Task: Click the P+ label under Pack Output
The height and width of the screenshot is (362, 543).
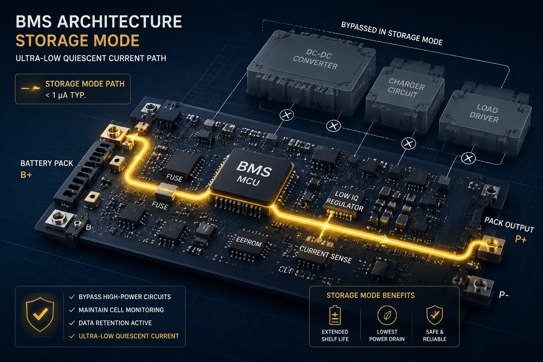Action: pos(521,239)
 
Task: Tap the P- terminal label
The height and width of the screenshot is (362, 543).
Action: pos(503,295)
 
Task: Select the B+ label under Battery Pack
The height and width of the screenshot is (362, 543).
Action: pos(26,175)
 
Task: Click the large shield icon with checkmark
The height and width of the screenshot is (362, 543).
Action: pos(40,314)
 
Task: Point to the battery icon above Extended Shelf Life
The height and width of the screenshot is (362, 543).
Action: pos(335,315)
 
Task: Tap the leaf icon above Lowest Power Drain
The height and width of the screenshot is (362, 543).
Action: pos(387,315)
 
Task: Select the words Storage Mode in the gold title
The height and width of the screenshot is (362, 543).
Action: pos(77,41)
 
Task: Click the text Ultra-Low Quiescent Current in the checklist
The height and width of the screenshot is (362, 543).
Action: pos(129,336)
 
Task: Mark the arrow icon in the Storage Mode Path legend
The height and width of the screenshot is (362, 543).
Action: pos(30,88)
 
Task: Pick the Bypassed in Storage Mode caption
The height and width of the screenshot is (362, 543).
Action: pos(392,34)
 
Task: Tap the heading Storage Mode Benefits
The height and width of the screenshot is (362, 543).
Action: pos(370,295)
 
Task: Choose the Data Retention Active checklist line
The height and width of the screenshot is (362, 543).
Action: pos(115,323)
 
